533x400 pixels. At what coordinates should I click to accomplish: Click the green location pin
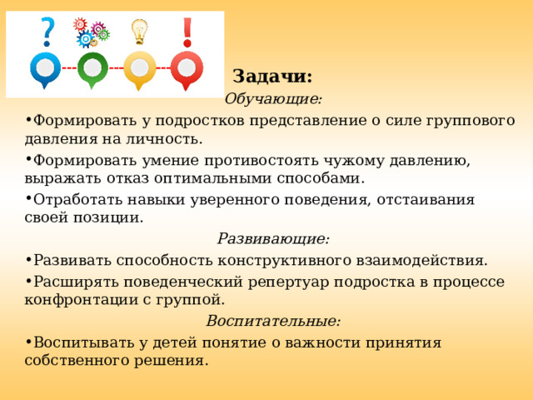click(92, 69)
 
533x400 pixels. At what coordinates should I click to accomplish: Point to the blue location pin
click(45, 69)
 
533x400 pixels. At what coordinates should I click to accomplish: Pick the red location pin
click(187, 69)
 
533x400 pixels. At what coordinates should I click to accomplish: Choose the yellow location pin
click(139, 69)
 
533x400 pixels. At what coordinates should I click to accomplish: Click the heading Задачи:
click(272, 76)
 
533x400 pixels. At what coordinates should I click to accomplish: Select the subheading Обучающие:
click(273, 98)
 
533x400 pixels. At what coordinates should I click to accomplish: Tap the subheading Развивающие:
click(273, 238)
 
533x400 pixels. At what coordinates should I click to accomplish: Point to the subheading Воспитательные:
click(273, 321)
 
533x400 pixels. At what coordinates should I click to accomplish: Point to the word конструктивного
click(281, 260)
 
